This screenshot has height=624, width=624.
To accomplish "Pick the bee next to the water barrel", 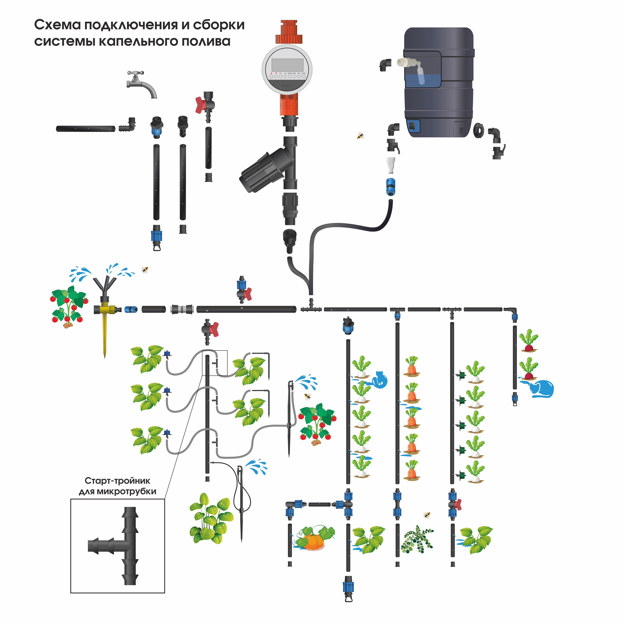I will (x=360, y=135).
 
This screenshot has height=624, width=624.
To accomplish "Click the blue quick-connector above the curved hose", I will (x=390, y=187).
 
